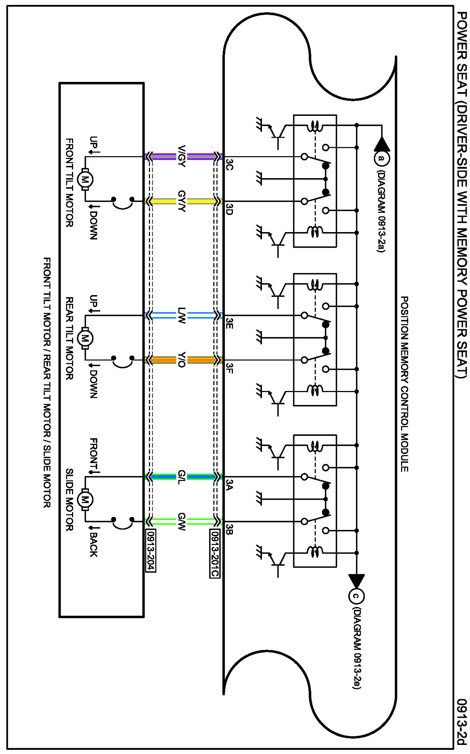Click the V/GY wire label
click(182, 156)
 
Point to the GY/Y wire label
click(182, 201)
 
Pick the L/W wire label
click(182, 315)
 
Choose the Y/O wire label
click(182, 360)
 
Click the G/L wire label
click(182, 477)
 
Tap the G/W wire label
click(182, 522)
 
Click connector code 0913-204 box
click(151, 551)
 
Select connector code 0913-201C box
click(214, 554)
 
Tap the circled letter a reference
click(382, 158)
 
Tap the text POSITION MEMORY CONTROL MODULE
click(404, 384)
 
